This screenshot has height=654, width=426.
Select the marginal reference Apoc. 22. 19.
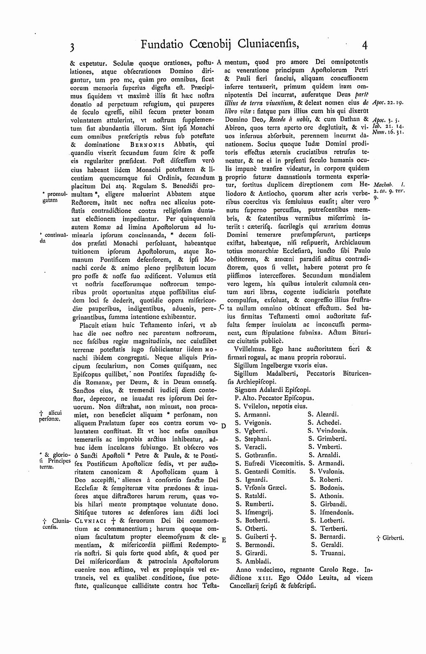pos(388,102)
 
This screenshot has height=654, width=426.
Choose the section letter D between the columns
pos(223,426)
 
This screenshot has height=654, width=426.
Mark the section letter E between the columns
pos(223,540)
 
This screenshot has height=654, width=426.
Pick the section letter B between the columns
pos(220,178)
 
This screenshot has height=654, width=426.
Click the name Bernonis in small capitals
pos(147,145)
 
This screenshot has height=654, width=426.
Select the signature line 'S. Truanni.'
pos(328,553)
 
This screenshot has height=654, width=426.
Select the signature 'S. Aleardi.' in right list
pos(323,414)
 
